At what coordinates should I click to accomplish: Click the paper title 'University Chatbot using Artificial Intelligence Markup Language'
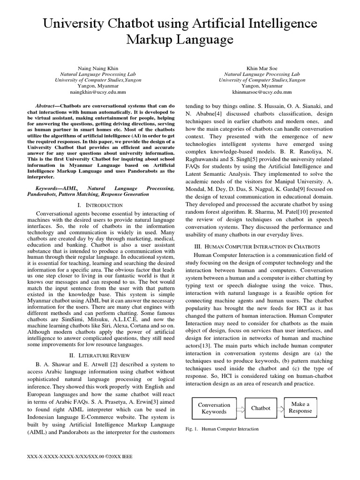[180, 32]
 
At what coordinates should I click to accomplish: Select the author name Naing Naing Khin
[89, 68]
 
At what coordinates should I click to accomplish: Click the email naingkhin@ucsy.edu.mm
[89, 92]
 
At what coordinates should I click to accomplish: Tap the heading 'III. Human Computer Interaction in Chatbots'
[257, 247]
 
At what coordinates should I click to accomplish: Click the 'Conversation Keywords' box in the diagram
[214, 408]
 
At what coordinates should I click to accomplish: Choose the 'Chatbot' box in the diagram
[261, 408]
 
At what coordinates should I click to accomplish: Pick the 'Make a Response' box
[300, 407]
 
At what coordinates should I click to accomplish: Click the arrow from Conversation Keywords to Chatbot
[240, 408]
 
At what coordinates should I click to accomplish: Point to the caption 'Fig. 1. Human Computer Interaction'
[222, 429]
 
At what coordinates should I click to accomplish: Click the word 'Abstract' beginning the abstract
[48, 106]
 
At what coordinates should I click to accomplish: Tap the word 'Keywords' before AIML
[50, 187]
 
